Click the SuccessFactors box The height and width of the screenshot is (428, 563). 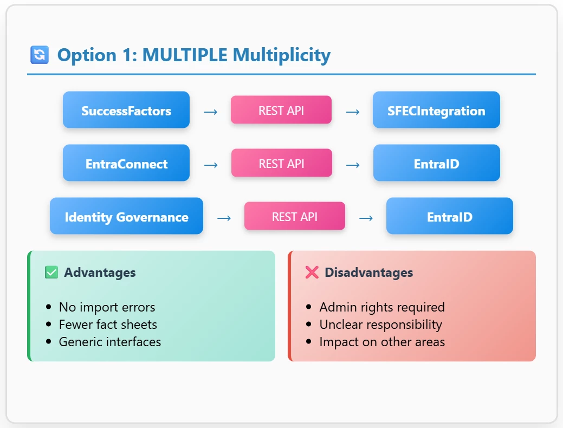126,110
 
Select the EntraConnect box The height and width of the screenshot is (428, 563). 126,163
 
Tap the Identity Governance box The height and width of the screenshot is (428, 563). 126,216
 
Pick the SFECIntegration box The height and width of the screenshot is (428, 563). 436,110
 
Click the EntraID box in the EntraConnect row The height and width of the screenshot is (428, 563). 437,163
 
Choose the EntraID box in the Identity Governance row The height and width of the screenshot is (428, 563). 450,216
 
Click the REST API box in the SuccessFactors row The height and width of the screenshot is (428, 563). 281,110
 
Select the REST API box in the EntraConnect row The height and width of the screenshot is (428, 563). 282,163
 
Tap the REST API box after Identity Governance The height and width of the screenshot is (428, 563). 294,216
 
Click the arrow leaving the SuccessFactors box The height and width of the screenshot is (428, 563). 210,112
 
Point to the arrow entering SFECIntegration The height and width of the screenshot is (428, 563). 353,112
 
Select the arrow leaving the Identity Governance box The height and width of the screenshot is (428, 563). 224,218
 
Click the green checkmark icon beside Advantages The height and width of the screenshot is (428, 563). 51,273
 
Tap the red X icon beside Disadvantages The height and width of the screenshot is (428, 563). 312,273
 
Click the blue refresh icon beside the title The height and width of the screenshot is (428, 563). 40,55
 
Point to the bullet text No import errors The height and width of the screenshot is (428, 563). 107,307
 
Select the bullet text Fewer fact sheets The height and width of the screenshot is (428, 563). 108,325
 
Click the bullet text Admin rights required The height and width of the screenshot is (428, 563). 382,307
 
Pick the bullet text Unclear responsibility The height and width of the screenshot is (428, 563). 381,325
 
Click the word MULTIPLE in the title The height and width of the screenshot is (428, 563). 185,55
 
